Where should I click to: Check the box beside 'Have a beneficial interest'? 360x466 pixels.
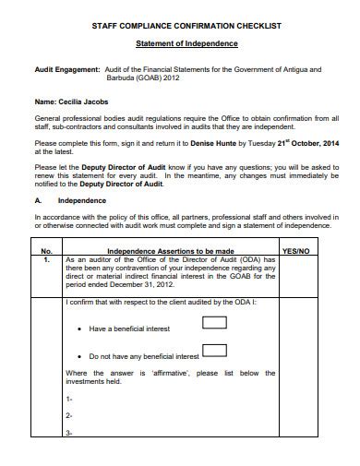click(214, 323)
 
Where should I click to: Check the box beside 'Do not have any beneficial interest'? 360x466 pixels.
click(214, 350)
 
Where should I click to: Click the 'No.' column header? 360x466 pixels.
click(47, 250)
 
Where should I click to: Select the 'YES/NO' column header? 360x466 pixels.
click(295, 250)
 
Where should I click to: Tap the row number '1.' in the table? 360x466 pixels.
click(47, 260)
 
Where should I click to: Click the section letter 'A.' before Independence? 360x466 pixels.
click(38, 200)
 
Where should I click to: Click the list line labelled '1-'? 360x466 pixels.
click(70, 399)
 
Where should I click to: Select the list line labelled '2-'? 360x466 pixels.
click(70, 416)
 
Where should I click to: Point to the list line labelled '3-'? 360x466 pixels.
click(70, 433)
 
